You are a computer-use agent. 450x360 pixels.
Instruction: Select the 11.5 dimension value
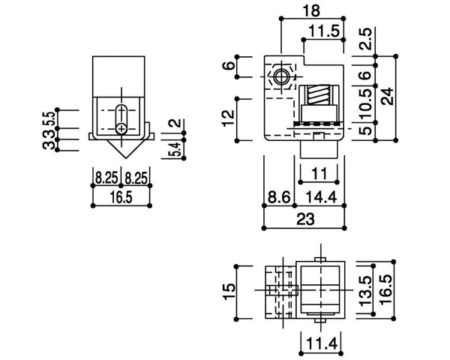(x=324, y=31)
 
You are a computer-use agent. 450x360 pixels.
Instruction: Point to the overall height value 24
(x=388, y=97)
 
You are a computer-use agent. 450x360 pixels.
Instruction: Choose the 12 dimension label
(x=229, y=118)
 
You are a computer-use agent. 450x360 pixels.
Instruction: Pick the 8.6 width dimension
(x=279, y=197)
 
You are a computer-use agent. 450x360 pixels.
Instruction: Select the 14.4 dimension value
(x=320, y=197)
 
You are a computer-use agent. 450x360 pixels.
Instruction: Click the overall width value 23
(x=305, y=219)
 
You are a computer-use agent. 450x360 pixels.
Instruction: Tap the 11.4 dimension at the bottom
(x=321, y=343)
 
